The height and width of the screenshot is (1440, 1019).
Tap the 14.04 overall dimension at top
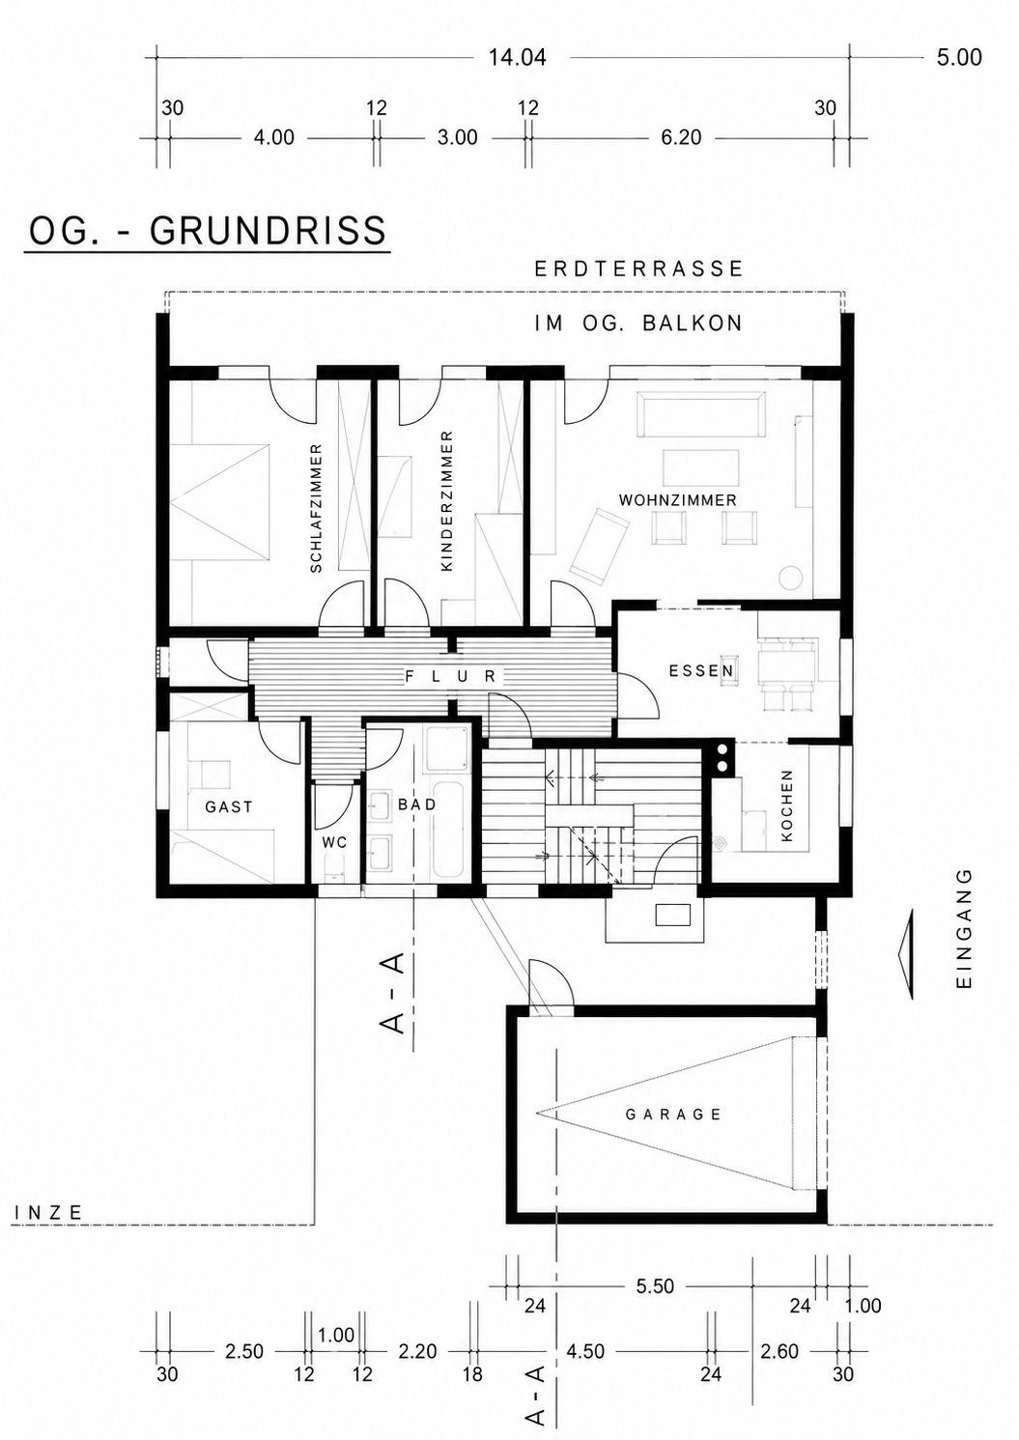click(518, 58)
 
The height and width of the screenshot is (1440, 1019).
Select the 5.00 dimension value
click(959, 58)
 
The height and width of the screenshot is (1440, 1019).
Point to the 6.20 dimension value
click(681, 137)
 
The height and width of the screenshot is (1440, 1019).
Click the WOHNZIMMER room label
click(678, 500)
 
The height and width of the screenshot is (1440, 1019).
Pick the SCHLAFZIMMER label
click(316, 508)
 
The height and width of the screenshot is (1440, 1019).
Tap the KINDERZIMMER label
click(447, 501)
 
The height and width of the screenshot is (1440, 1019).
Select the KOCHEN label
click(787, 805)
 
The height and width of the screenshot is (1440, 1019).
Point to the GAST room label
click(229, 806)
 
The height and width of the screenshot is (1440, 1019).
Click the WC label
click(335, 842)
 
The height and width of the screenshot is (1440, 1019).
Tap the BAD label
click(417, 805)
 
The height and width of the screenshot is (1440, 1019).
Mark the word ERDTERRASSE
click(639, 268)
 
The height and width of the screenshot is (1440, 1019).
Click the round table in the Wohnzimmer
click(790, 577)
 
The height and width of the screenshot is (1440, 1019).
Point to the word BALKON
click(693, 323)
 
